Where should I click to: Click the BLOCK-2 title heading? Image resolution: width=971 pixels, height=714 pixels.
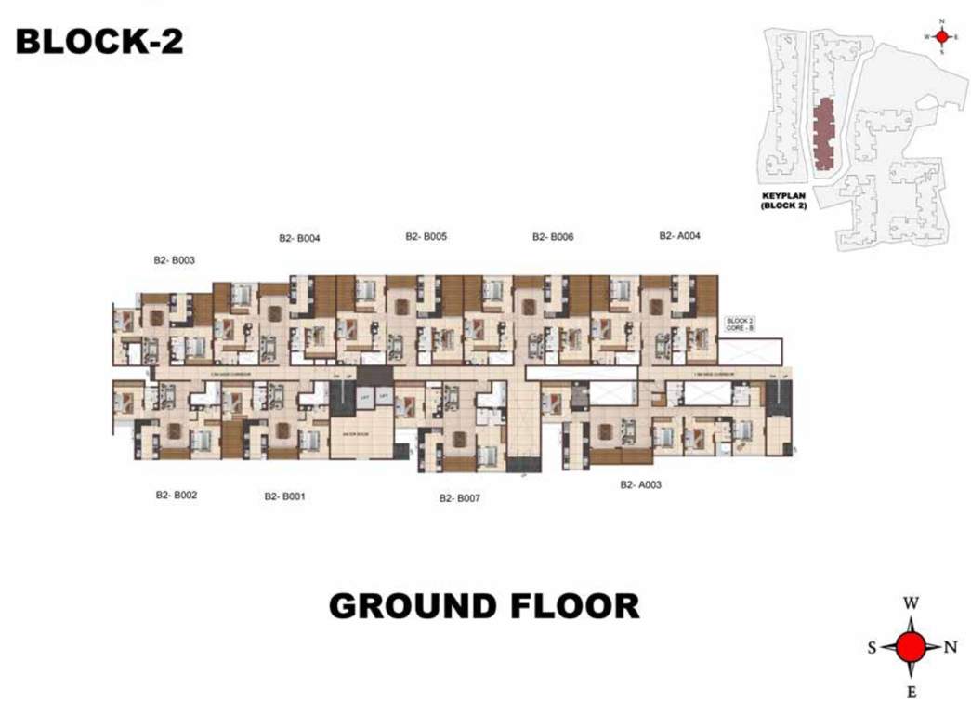click(x=99, y=41)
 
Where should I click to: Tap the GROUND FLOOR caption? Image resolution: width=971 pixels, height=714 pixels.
click(x=484, y=606)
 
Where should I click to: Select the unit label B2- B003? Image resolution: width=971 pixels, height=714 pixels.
click(x=174, y=260)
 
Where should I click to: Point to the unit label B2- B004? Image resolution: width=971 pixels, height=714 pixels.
click(x=299, y=238)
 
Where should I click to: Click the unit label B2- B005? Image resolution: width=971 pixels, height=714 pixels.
click(x=426, y=236)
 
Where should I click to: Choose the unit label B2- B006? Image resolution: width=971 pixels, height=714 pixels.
click(x=553, y=237)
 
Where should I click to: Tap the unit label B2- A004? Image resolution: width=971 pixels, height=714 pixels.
click(x=679, y=236)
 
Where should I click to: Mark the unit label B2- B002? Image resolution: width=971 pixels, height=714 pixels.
click(x=176, y=496)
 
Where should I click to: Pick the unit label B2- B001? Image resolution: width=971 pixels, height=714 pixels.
click(x=284, y=496)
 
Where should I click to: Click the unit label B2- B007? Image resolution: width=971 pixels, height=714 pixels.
click(x=460, y=498)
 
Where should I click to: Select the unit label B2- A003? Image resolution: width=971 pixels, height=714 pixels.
click(x=640, y=484)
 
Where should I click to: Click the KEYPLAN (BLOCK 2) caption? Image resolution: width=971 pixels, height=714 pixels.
click(x=784, y=201)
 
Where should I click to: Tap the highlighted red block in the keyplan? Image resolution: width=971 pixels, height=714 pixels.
click(x=822, y=136)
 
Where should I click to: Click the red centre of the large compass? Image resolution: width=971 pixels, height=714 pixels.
click(x=912, y=646)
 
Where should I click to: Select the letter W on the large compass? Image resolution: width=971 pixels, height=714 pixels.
click(x=911, y=603)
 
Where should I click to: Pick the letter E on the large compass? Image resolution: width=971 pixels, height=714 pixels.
click(x=912, y=691)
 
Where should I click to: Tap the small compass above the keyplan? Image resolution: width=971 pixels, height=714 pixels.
click(x=941, y=36)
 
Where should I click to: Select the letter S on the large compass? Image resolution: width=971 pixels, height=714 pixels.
click(x=873, y=648)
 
